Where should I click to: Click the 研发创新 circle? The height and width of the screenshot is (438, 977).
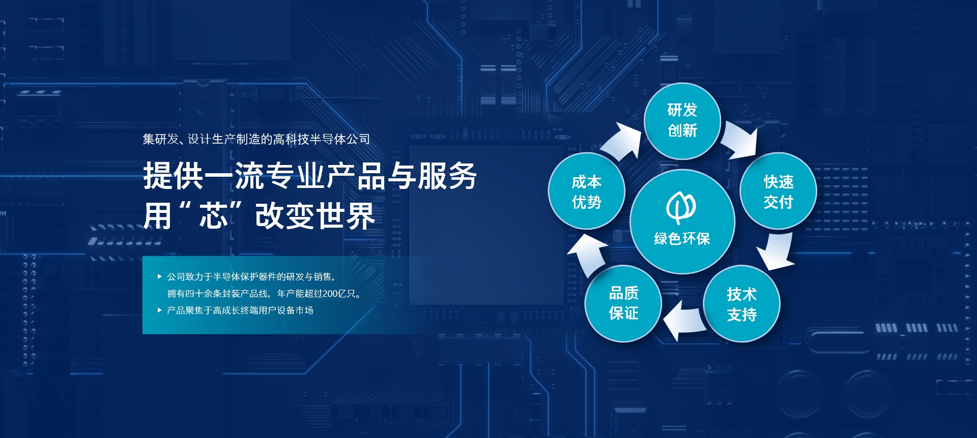pos(682,121)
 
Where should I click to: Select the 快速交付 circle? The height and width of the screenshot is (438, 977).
pos(778,191)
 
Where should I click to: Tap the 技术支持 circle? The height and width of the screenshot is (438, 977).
pos(741,304)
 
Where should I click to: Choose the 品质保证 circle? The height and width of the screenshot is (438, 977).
pos(623,304)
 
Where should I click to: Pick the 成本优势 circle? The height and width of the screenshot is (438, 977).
pos(586,191)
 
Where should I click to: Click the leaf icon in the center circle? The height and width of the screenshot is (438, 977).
pos(681,207)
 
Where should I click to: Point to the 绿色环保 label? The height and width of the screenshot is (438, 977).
pos(682,238)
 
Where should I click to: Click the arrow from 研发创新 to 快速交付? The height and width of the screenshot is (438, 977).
pos(740,140)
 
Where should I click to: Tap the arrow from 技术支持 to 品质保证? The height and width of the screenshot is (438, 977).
pos(684,320)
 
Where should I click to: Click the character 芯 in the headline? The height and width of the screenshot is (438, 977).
pos(213,216)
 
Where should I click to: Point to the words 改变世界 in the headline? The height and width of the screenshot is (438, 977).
pos(315,216)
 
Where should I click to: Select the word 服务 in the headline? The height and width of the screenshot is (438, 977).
pos(447,176)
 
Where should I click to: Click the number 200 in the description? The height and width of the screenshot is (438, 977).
pos(330,294)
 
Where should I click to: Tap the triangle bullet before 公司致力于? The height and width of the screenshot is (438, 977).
pos(160,277)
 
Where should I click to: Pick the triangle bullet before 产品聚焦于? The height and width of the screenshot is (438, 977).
pos(160,310)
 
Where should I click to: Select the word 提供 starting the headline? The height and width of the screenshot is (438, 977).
pos(173,176)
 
